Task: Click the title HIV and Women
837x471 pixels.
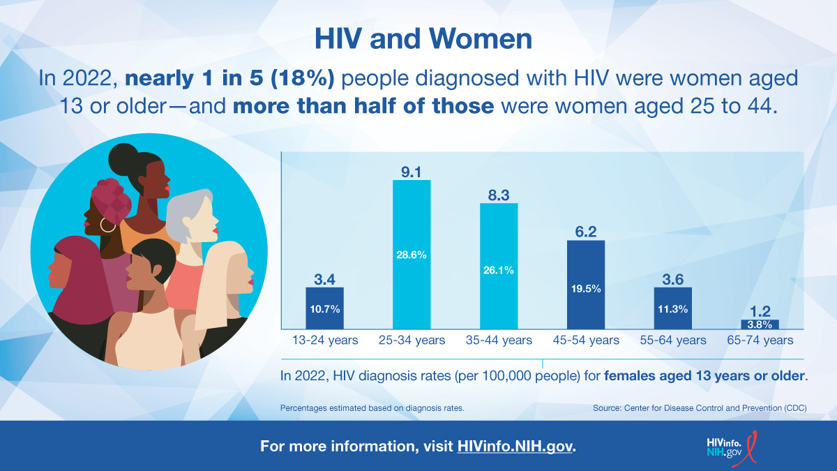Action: [x=423, y=39]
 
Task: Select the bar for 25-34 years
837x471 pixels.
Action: [x=412, y=255]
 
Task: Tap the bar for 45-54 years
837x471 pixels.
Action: [x=586, y=285]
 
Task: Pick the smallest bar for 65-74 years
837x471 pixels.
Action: [x=760, y=324]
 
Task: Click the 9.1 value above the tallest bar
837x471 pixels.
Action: [x=412, y=170]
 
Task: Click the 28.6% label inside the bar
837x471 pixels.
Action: [x=412, y=255]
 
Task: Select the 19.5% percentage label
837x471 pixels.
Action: [x=586, y=288]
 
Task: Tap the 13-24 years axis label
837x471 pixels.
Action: [x=324, y=341]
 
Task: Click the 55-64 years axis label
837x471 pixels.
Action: [x=673, y=341]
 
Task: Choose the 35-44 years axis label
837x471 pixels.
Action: [x=499, y=341]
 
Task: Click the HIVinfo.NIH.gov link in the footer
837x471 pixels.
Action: [x=515, y=446]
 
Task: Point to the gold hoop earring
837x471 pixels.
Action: [x=108, y=225]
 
